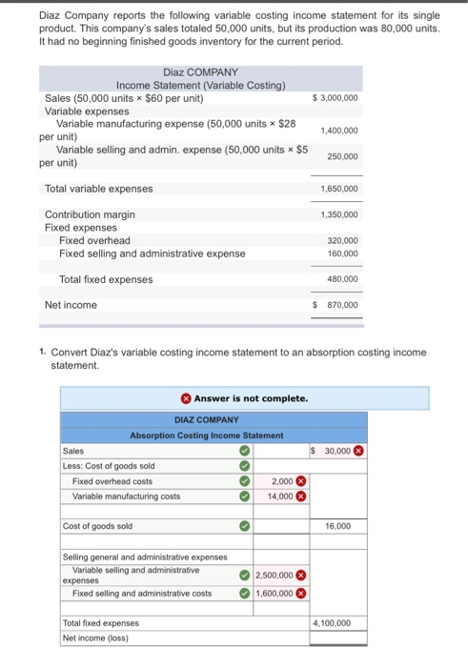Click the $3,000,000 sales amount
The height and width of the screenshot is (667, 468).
pos(336,98)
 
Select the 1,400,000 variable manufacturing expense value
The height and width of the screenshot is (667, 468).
pos(339,130)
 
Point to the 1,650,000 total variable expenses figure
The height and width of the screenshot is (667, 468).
pos(339,189)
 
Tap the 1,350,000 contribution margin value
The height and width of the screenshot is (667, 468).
pos(339,214)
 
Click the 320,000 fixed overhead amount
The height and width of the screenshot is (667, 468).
pos(342,241)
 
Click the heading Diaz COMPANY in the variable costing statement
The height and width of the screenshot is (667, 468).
pos(201,72)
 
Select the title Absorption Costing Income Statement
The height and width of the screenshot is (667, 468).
pos(207,435)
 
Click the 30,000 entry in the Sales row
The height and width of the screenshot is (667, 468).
pos(336,451)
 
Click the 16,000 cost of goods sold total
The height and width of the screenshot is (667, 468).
pos(337,526)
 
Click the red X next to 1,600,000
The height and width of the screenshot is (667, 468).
pos(300,593)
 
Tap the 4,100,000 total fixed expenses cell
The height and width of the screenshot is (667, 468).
pos(334,623)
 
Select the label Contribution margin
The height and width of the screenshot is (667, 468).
pos(90,214)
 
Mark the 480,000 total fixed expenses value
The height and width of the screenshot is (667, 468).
pos(342,279)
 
